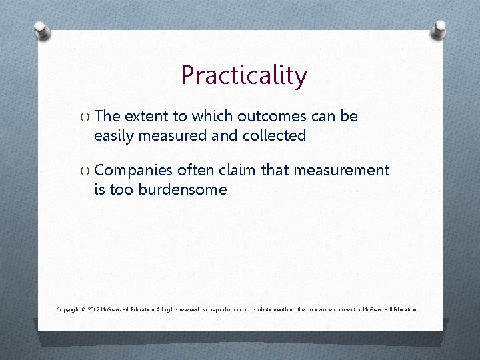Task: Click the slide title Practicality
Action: click(243, 75)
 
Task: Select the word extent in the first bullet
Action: click(145, 116)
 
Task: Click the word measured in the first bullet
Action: click(169, 135)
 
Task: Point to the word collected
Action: click(273, 135)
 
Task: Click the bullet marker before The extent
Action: click(85, 117)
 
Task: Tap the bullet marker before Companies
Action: click(85, 171)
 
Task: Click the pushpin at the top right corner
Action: click(439, 28)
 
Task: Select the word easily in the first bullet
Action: click(114, 136)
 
